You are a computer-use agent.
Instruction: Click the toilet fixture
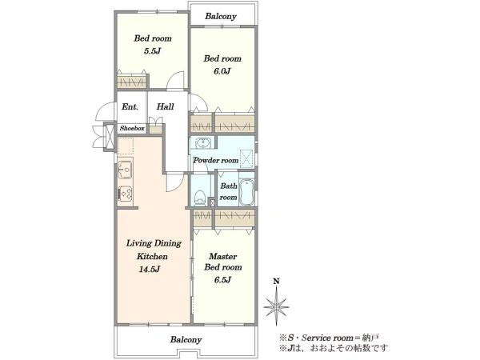(200, 198)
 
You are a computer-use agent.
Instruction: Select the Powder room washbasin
(202, 143)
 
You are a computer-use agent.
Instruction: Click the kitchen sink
(126, 170)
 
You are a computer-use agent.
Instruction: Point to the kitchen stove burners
(126, 193)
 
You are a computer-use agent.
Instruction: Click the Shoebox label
(132, 128)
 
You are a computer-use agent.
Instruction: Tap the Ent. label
(130, 107)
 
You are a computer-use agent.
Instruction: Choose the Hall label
(166, 106)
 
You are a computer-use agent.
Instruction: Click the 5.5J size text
(152, 51)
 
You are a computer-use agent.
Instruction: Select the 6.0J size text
(222, 71)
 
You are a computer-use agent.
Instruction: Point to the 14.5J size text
(150, 270)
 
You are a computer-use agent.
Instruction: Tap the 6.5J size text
(222, 280)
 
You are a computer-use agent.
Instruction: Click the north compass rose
(276, 306)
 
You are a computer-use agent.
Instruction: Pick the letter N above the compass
(276, 281)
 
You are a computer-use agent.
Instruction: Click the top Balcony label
(221, 16)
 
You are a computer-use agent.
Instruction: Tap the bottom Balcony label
(186, 339)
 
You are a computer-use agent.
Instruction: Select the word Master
(223, 256)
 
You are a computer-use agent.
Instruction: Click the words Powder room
(216, 161)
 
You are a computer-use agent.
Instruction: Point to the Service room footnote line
(329, 338)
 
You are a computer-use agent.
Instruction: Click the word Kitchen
(152, 256)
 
